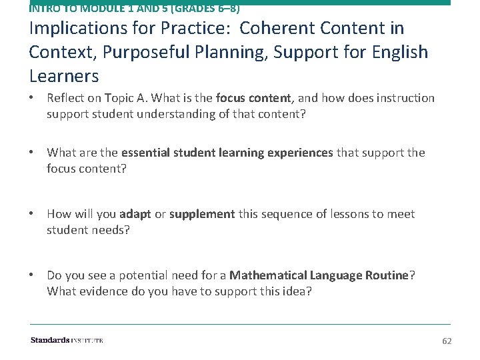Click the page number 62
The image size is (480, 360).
(447, 341)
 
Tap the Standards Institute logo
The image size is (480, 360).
(67, 340)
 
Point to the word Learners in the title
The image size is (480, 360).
(64, 76)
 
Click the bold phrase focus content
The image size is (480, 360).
(253, 98)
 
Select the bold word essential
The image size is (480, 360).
(145, 153)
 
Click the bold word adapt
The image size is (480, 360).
(135, 214)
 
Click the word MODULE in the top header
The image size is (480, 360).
(103, 7)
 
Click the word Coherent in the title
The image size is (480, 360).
(277, 28)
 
